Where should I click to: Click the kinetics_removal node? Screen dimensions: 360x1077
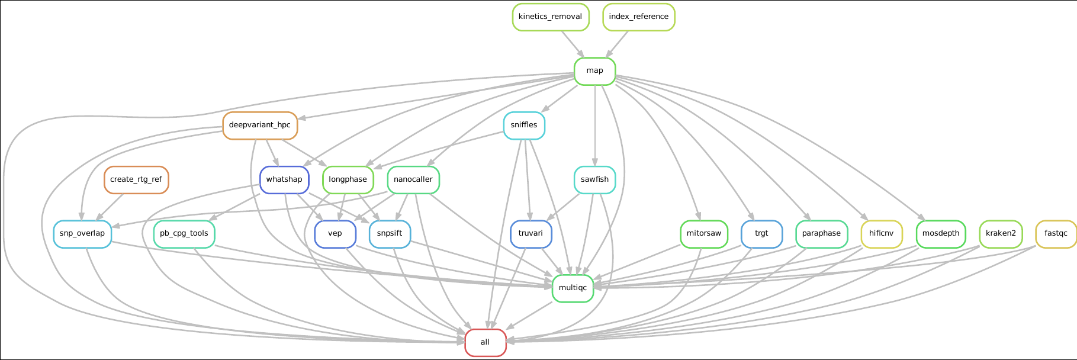coord(550,17)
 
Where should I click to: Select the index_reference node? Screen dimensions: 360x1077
coord(638,17)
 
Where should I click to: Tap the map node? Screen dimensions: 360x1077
coord(594,71)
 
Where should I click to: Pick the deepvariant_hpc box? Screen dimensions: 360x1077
coord(260,125)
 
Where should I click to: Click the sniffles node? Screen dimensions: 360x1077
coord(524,125)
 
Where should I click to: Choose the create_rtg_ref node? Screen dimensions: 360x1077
coord(136,179)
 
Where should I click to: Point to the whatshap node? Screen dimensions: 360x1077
coord(284,179)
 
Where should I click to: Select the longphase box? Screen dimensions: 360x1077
coord(348,179)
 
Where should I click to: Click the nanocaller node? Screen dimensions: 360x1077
coord(413,179)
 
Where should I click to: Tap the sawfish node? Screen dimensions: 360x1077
coord(594,179)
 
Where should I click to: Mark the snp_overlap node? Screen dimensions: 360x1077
coord(82,233)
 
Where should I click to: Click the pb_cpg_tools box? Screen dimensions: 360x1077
coord(184,233)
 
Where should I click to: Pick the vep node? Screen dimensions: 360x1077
coord(335,233)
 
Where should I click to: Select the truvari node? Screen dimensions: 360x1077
coord(531,233)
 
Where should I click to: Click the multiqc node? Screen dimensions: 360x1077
coord(573,288)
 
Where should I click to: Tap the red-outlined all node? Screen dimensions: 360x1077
coord(486,342)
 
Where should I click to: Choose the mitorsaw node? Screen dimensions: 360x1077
coord(703,233)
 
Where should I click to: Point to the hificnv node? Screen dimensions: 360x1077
coord(882,233)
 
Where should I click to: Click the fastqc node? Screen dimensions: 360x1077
coord(1056,233)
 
